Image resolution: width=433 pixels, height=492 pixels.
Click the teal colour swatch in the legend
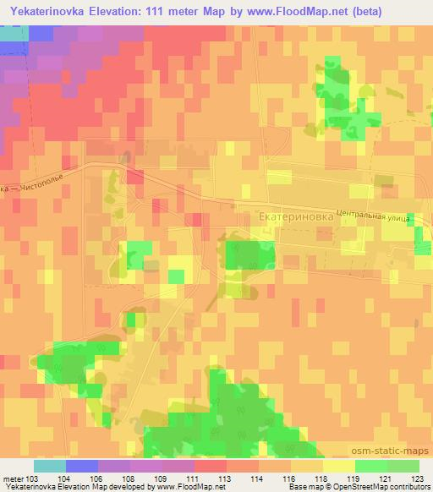(x=49, y=466)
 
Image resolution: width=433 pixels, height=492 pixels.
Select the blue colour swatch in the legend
(x=81, y=466)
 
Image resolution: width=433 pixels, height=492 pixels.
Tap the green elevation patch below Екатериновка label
(x=243, y=254)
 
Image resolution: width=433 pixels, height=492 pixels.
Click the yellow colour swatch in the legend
(x=338, y=466)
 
